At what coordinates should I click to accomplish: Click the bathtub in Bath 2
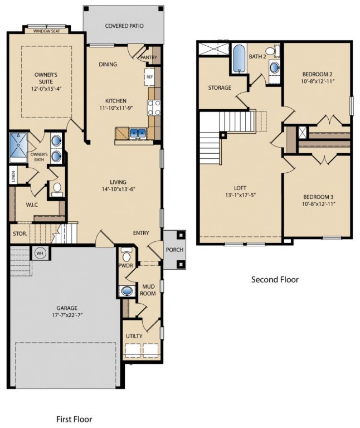click(x=239, y=59)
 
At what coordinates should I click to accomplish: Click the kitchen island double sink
click(x=137, y=133)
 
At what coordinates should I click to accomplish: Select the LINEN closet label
click(x=13, y=175)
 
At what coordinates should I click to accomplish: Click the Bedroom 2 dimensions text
click(x=318, y=81)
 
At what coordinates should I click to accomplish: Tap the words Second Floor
click(x=275, y=280)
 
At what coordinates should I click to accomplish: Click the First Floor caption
click(x=74, y=419)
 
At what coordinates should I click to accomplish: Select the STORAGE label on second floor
click(x=220, y=88)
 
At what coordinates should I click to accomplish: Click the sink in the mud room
click(x=127, y=290)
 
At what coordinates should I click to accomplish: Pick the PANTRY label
click(x=149, y=57)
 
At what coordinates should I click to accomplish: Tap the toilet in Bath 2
click(x=271, y=52)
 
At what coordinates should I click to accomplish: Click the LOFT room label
click(x=240, y=188)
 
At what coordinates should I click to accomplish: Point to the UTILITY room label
click(x=134, y=336)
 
